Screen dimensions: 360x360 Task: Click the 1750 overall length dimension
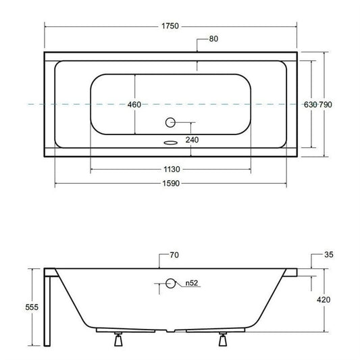(170, 26)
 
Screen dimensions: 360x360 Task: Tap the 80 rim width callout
(213, 38)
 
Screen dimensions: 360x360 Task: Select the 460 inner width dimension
(134, 105)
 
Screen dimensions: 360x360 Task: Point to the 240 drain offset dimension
(192, 140)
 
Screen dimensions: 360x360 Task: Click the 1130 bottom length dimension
(172, 170)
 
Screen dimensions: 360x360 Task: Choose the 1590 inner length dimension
(171, 184)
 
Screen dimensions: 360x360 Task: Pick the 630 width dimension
(311, 105)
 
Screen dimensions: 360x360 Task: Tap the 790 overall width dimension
(326, 105)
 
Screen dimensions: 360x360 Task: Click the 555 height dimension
(32, 307)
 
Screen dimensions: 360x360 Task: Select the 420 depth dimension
(324, 300)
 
